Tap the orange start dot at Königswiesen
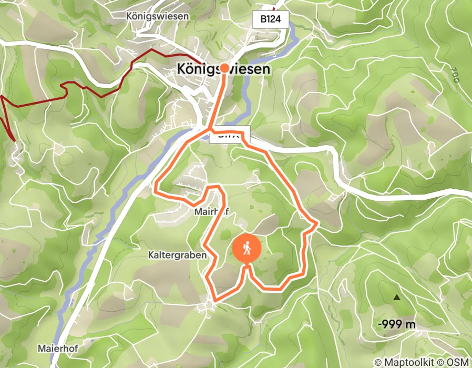click(x=224, y=68)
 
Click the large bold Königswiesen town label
click(x=224, y=69)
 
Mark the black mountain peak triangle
click(x=397, y=298)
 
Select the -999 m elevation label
click(x=397, y=324)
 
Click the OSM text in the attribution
click(x=458, y=362)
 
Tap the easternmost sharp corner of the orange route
click(x=317, y=224)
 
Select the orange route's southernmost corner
click(x=214, y=301)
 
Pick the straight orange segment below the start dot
click(x=218, y=100)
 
